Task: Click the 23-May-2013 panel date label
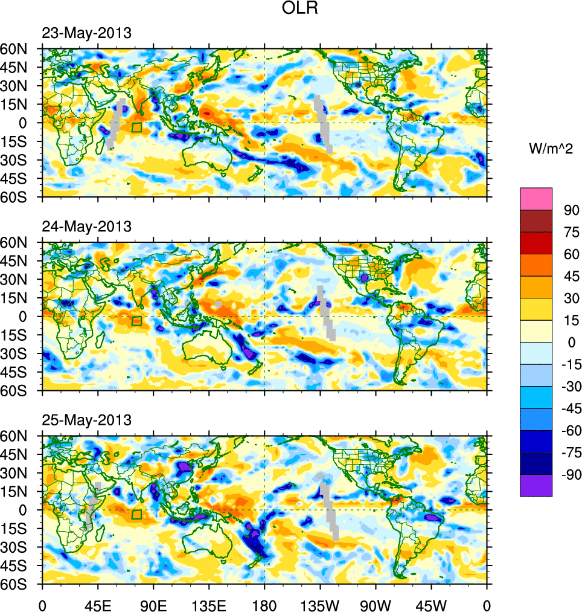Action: (x=86, y=33)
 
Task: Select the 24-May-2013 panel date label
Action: (x=86, y=227)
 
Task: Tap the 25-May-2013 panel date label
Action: (x=86, y=420)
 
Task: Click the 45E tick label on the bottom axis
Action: (x=98, y=604)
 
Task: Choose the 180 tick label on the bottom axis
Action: (x=264, y=604)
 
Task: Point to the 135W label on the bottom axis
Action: (x=320, y=604)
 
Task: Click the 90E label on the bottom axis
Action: (x=153, y=604)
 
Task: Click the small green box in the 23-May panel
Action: (x=136, y=127)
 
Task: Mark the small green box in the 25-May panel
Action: (x=136, y=514)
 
